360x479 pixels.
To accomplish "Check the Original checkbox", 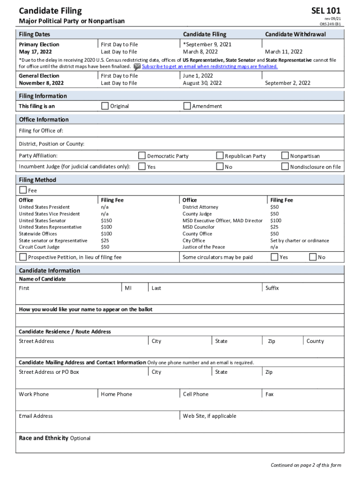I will click(105, 106).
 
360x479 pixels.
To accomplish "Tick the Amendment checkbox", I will click(187, 106).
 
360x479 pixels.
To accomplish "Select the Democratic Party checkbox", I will click(142, 156).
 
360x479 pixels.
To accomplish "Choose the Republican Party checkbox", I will click(220, 156).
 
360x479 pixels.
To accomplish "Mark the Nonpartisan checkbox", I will click(285, 156).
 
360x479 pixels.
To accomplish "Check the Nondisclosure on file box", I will click(285, 167).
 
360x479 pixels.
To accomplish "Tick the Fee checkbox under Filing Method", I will click(23, 190).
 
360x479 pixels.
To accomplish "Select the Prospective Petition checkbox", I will click(23, 257).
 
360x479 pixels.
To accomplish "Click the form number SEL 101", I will click(326, 11).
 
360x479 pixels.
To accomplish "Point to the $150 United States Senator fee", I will click(107, 220).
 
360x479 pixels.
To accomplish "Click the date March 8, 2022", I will click(200, 51).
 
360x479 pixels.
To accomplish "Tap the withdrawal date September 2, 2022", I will click(288, 83).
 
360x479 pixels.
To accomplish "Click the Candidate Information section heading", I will click(50, 270).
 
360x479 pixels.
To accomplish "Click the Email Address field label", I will click(36, 416).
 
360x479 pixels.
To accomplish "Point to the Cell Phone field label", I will click(195, 394).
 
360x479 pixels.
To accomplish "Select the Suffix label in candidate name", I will click(272, 288).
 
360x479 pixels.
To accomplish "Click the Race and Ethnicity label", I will click(43, 438).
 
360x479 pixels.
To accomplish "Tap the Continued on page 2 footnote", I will click(306, 465).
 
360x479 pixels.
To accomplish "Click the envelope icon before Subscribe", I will click(137, 66).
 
